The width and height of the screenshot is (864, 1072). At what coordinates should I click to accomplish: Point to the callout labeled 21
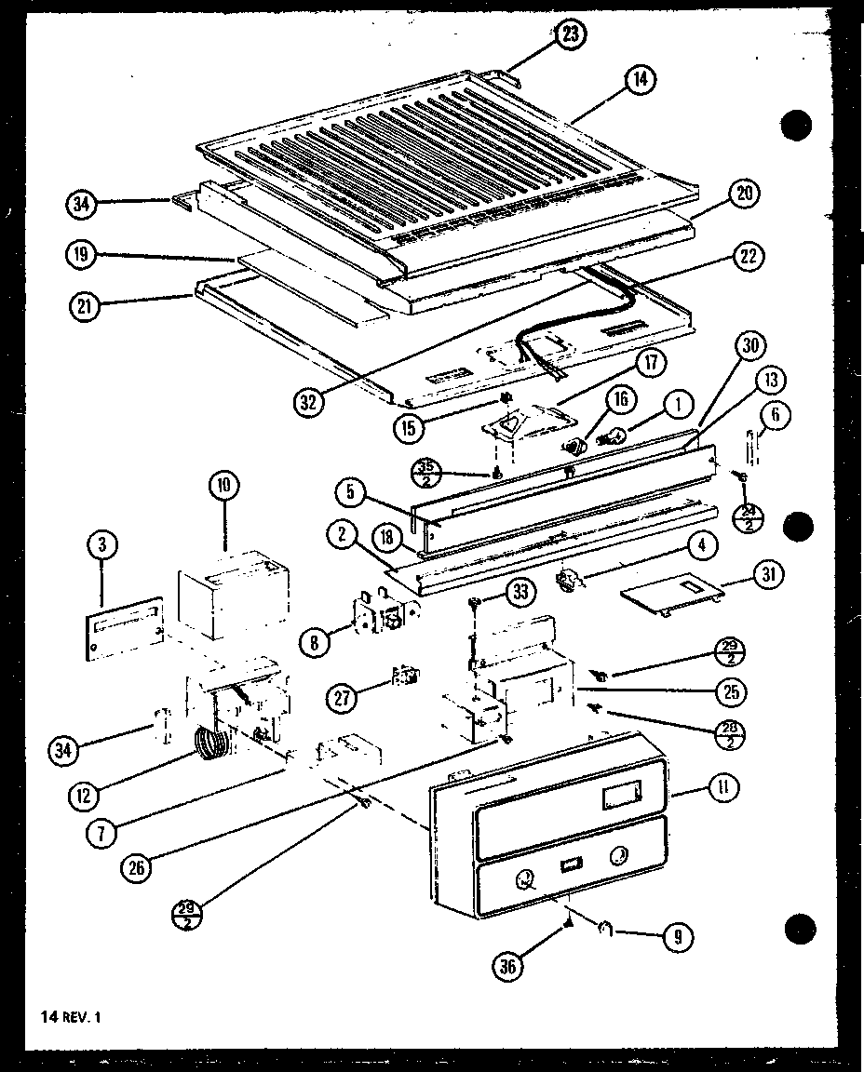(x=86, y=303)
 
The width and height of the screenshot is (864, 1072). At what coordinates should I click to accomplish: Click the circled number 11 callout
(x=723, y=788)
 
